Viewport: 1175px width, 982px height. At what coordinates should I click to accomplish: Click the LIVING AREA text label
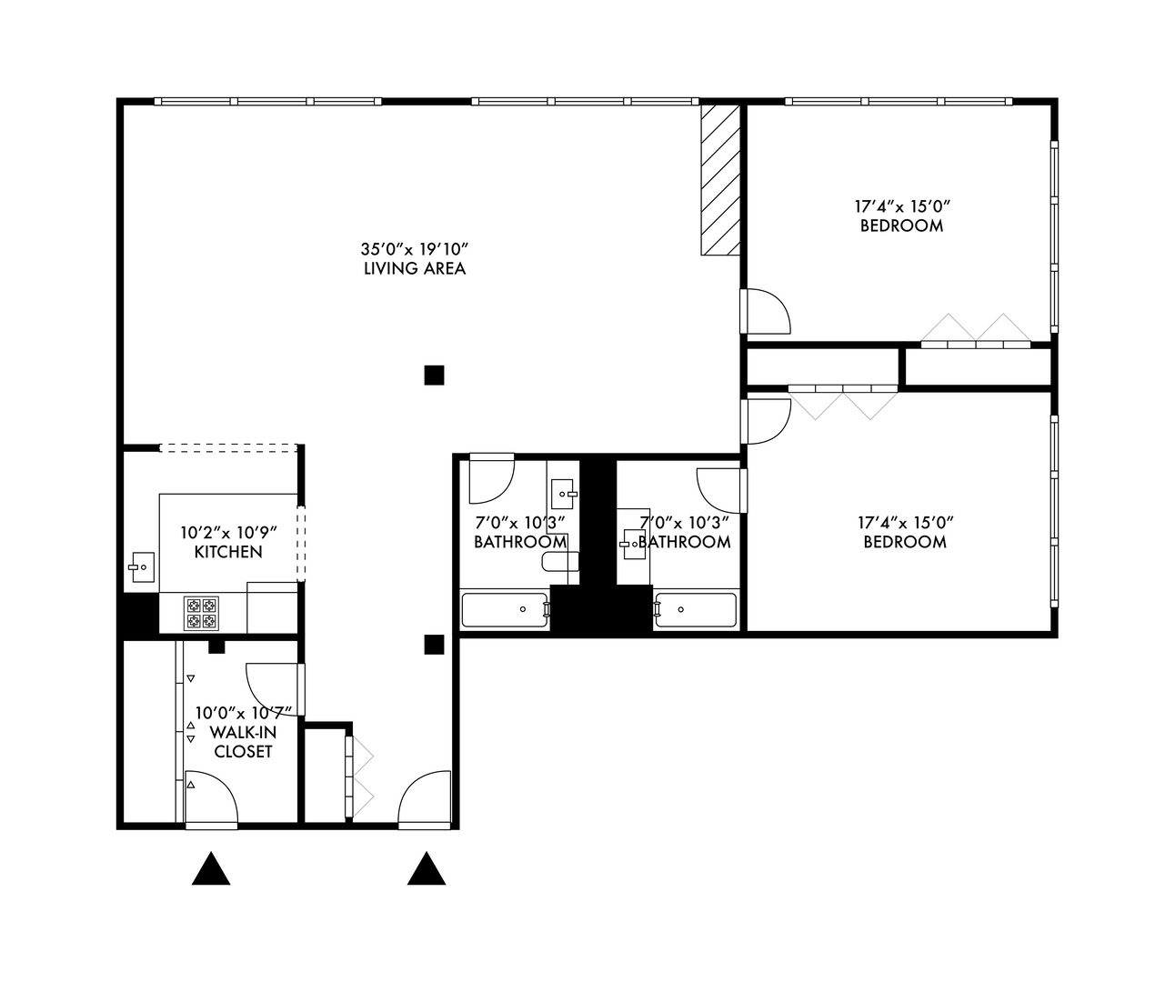tap(415, 268)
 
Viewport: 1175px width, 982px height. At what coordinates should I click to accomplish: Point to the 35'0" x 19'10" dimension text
tap(415, 248)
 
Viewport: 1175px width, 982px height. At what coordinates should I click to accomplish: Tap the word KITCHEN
tap(228, 552)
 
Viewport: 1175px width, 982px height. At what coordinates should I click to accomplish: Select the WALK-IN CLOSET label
tap(242, 742)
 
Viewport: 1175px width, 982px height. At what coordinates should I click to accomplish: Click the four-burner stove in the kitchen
tap(202, 613)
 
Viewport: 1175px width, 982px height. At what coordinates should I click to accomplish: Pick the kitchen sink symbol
tap(141, 566)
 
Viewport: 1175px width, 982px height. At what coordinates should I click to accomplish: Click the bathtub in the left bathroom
tap(505, 609)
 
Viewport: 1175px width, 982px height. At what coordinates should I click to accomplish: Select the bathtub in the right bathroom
tap(696, 609)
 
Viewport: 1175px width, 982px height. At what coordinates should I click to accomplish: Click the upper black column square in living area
tap(434, 374)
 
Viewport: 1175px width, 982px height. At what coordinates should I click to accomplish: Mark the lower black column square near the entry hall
tap(434, 645)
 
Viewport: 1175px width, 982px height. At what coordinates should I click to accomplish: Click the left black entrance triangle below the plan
tap(211, 869)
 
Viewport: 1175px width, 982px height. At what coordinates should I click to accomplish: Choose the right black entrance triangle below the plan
tap(426, 869)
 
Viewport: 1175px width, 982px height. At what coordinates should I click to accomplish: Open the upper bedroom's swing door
tap(767, 312)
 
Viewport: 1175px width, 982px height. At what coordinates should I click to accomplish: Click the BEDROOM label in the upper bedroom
tap(901, 225)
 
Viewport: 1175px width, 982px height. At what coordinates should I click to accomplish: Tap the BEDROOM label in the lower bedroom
tap(904, 542)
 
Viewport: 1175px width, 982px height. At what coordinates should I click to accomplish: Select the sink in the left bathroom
tap(564, 495)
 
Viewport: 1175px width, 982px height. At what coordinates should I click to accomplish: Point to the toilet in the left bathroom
tap(557, 561)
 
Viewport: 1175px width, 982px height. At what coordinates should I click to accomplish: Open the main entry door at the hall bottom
tap(425, 800)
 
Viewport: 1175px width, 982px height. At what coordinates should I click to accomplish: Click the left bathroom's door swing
tap(491, 480)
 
